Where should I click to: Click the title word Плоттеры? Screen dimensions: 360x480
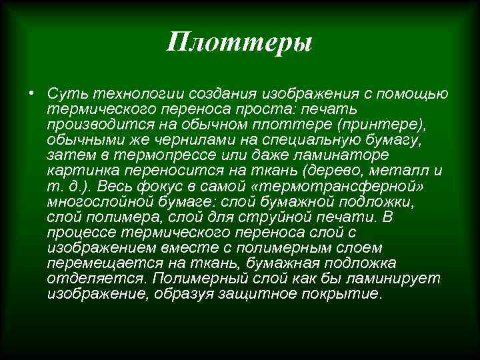tap(240, 43)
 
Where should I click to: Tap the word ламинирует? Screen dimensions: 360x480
tap(379, 279)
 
